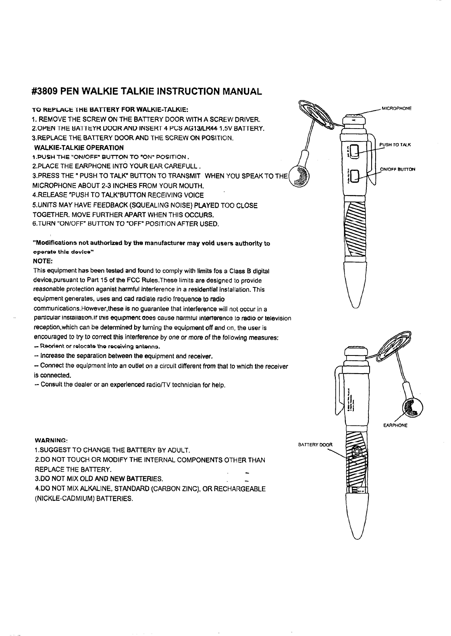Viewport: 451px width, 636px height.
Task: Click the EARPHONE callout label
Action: (395, 425)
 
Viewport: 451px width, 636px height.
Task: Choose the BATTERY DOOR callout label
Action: (315, 445)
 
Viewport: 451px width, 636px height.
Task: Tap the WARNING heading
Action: (51, 440)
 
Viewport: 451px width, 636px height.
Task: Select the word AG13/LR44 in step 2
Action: (194, 129)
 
